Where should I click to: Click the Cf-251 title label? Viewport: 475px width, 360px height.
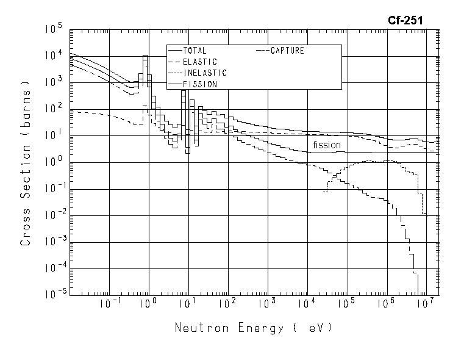tap(405, 20)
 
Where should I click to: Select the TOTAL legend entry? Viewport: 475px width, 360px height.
tap(195, 51)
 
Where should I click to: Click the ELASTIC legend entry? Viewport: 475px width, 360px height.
tap(199, 62)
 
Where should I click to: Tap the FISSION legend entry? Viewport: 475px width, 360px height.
tap(199, 84)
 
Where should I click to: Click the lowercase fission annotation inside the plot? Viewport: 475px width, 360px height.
tap(327, 145)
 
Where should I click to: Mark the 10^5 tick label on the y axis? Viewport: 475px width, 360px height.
tap(54, 29)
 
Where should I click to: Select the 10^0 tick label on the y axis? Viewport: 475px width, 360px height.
tap(54, 162)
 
